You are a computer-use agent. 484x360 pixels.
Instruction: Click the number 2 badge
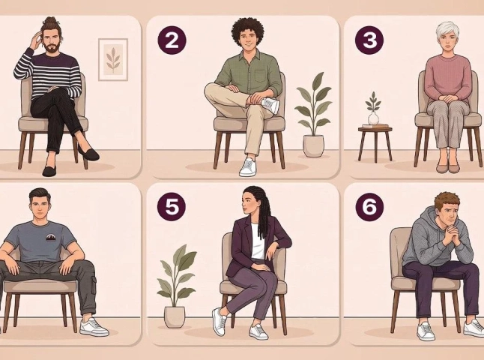point(172,40)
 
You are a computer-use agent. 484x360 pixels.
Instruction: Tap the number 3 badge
point(369,40)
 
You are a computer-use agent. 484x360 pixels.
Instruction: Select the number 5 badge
point(172,206)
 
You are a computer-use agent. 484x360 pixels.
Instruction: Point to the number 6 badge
point(369,206)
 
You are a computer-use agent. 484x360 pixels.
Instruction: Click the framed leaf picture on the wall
point(113,59)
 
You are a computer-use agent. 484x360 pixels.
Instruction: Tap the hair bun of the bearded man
point(49,21)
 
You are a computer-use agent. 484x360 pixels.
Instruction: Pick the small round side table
point(375,142)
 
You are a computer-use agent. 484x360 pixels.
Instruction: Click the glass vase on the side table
point(373,118)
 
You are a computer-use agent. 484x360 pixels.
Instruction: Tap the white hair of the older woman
point(447,30)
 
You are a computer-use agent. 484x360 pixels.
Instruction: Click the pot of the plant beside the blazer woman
point(175,316)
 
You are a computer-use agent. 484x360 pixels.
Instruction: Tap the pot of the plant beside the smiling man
point(314,146)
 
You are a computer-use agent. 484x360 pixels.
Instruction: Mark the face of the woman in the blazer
point(249,202)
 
